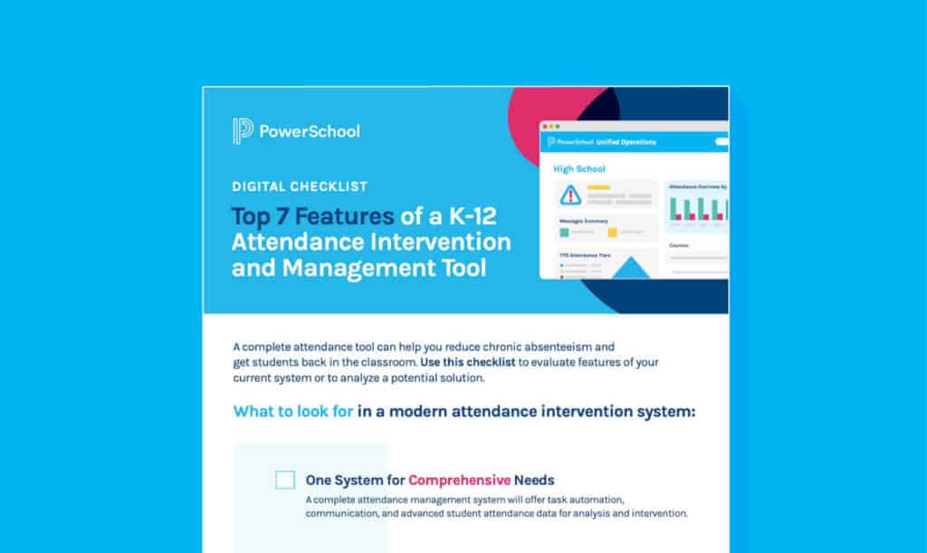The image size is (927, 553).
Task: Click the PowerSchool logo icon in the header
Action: click(x=242, y=131)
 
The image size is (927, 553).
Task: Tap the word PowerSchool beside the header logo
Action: click(x=309, y=131)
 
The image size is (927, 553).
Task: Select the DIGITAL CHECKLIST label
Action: click(x=300, y=186)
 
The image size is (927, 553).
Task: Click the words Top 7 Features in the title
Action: click(x=312, y=216)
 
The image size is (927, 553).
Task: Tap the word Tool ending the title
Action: click(x=459, y=269)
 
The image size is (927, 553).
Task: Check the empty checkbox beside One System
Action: click(x=285, y=480)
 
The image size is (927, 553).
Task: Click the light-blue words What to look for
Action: click(x=293, y=412)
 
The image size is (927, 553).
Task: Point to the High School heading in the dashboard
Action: click(x=579, y=168)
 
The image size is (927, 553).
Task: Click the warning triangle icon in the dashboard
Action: click(x=569, y=194)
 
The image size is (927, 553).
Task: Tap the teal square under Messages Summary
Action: click(x=564, y=233)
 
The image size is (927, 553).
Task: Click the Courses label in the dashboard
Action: click(x=680, y=245)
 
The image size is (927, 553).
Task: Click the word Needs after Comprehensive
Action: click(x=534, y=480)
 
